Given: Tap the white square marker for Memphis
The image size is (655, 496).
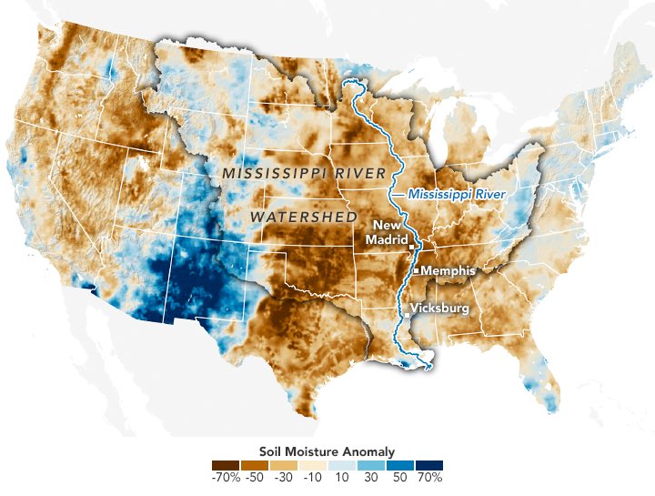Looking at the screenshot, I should point(416,271).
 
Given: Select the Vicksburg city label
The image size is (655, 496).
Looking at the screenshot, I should point(440,309).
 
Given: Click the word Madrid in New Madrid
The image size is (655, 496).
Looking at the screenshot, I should point(388,239).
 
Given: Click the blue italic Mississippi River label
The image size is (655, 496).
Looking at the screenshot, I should point(456,193).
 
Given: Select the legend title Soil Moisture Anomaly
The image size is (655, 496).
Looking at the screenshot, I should point(327,450).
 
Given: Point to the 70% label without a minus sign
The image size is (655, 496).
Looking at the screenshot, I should point(430,476).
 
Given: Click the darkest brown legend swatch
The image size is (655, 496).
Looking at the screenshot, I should point(227,463).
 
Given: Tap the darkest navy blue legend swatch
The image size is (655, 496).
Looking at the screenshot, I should point(429,463).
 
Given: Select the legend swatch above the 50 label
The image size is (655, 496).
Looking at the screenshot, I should point(400,463).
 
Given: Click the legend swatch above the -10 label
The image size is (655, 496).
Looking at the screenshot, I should point(313,463).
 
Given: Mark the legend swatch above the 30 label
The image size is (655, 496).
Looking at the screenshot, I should point(371,463).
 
